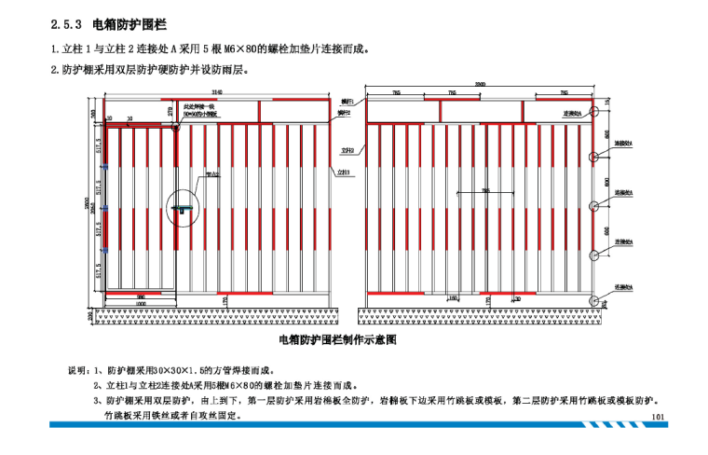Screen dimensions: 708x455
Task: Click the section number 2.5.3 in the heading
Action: (x=65, y=25)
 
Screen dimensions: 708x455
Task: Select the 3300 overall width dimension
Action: (x=481, y=85)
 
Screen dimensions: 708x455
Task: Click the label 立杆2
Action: (x=346, y=149)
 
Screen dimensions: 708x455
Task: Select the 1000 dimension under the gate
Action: (x=140, y=304)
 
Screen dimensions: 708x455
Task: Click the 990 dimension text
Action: (x=140, y=296)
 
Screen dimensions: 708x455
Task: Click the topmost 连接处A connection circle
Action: (x=594, y=112)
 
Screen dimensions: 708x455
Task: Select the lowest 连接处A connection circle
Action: (x=594, y=297)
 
